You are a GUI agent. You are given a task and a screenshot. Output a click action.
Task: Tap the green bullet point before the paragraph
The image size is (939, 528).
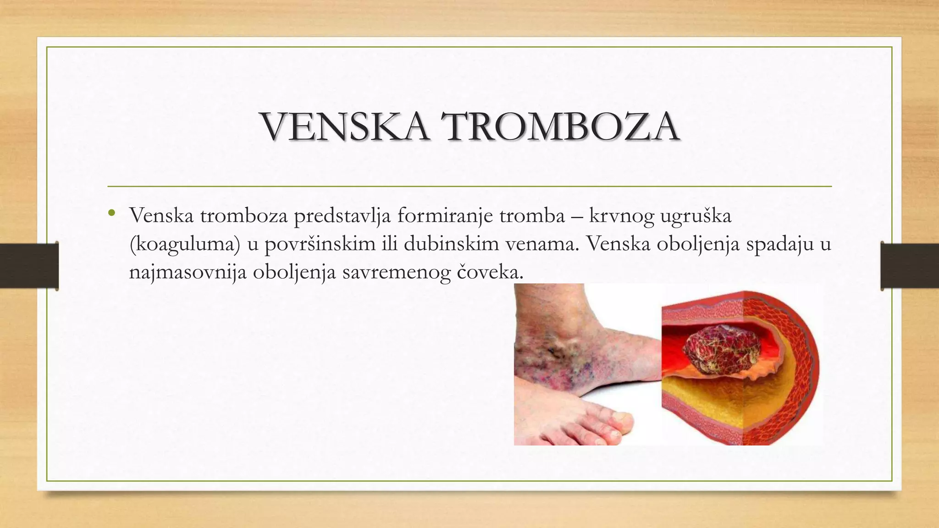pos(111,213)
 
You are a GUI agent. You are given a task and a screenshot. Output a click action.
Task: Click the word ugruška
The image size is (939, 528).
pos(695,216)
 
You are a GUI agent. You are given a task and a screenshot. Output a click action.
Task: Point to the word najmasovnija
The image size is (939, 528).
pos(188,273)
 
